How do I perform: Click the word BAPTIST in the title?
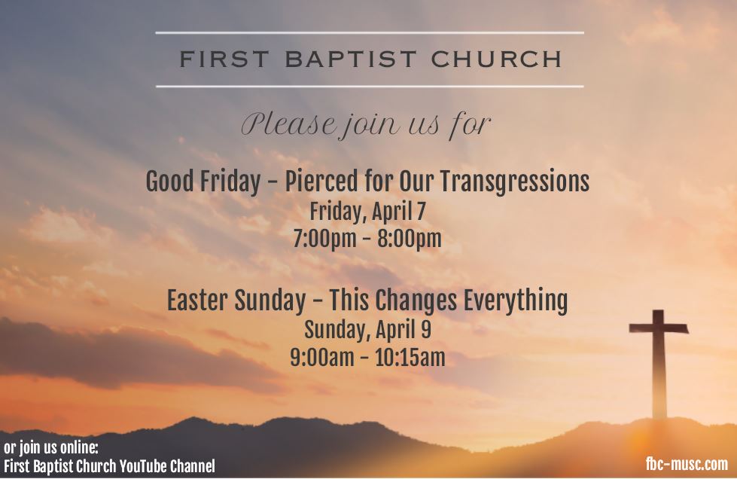(x=351, y=59)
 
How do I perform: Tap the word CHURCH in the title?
(x=496, y=59)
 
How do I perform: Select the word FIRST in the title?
(x=224, y=59)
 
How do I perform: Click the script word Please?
(x=289, y=124)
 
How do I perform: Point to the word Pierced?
(x=321, y=182)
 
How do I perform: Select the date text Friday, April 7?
(x=367, y=212)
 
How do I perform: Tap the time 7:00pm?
(x=324, y=238)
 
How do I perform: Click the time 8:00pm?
(x=410, y=238)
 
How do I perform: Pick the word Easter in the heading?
(x=198, y=300)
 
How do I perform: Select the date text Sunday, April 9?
(x=367, y=330)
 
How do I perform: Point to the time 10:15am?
(x=410, y=358)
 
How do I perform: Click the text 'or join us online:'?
(x=51, y=447)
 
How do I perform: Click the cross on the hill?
(x=659, y=363)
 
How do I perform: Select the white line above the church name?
(x=370, y=33)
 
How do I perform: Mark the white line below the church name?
(x=370, y=87)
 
